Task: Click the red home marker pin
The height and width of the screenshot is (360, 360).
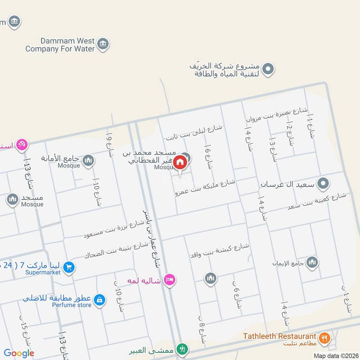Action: click(180, 162)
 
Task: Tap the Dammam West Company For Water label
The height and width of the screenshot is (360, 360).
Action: click(60, 44)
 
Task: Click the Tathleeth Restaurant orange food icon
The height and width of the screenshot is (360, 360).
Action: click(324, 337)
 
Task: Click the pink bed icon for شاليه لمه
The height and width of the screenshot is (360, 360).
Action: click(169, 280)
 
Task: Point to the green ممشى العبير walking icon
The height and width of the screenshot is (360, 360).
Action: click(182, 349)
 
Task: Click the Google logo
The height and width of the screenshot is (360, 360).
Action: click(19, 353)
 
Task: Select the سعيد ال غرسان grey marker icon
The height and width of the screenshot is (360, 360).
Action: click(323, 184)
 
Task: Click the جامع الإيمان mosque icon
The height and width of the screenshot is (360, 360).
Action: click(312, 262)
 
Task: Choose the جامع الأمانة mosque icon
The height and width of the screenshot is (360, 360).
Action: click(88, 160)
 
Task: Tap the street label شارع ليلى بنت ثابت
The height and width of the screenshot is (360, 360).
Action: click(194, 131)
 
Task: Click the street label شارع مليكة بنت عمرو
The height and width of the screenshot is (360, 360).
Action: click(206, 187)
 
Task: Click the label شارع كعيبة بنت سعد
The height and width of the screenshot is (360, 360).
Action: click(317, 202)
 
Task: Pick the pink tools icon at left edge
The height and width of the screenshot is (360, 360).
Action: click(22, 144)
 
